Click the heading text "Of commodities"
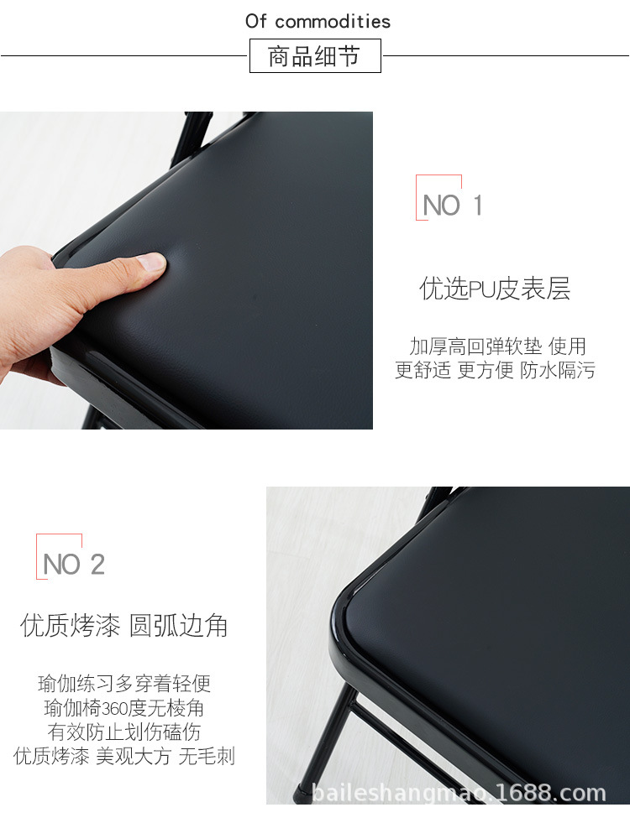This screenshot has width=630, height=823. click(x=318, y=21)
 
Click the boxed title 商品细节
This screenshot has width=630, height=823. click(x=314, y=56)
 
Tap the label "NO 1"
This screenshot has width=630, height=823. click(x=452, y=206)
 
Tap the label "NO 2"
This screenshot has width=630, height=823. click(x=73, y=565)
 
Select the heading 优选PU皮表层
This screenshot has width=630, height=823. click(x=495, y=289)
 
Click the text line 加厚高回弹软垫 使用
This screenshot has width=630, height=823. click(x=497, y=346)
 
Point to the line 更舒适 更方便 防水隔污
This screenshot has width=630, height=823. click(x=495, y=371)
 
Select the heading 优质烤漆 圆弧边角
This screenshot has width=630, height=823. click(x=124, y=626)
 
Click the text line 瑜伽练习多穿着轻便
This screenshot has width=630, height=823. click(x=124, y=684)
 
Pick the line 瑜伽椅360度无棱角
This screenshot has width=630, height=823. click(x=124, y=708)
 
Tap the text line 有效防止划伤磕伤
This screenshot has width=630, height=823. click(x=124, y=732)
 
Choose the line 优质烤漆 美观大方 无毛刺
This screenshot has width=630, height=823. click(x=124, y=757)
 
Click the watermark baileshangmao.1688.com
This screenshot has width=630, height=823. click(x=458, y=793)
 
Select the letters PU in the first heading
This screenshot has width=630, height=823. click(x=482, y=290)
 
